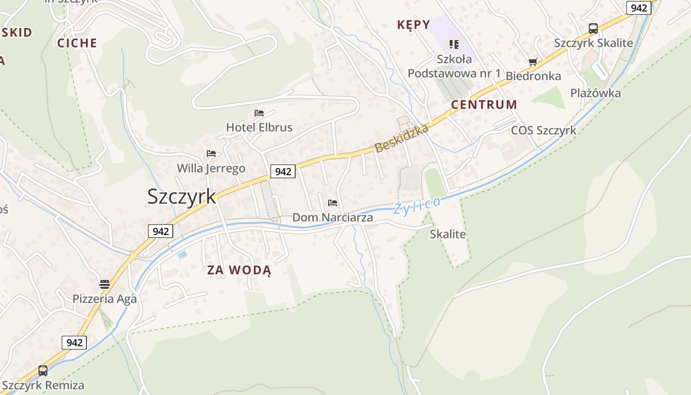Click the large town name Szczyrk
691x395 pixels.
(182, 197)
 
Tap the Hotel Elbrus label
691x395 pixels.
(259, 127)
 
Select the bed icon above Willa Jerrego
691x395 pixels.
(211, 154)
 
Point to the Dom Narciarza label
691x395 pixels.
(333, 217)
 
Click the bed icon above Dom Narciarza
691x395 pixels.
(333, 203)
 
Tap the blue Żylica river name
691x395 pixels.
(417, 205)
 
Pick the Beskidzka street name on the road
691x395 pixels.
(401, 138)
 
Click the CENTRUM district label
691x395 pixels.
(484, 105)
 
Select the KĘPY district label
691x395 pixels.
(414, 24)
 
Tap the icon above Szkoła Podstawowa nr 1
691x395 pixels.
(454, 44)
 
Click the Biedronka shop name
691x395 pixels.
(534, 76)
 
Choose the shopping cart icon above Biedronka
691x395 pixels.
(533, 62)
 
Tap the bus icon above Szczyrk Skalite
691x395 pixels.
(593, 29)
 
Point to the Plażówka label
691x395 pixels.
(595, 93)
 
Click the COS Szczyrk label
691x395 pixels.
(543, 131)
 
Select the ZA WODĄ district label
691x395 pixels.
(239, 270)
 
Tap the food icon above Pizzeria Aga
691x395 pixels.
(104, 284)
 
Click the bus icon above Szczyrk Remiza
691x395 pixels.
(43, 370)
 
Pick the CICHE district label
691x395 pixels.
(77, 43)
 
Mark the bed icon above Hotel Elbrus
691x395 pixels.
(259, 113)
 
